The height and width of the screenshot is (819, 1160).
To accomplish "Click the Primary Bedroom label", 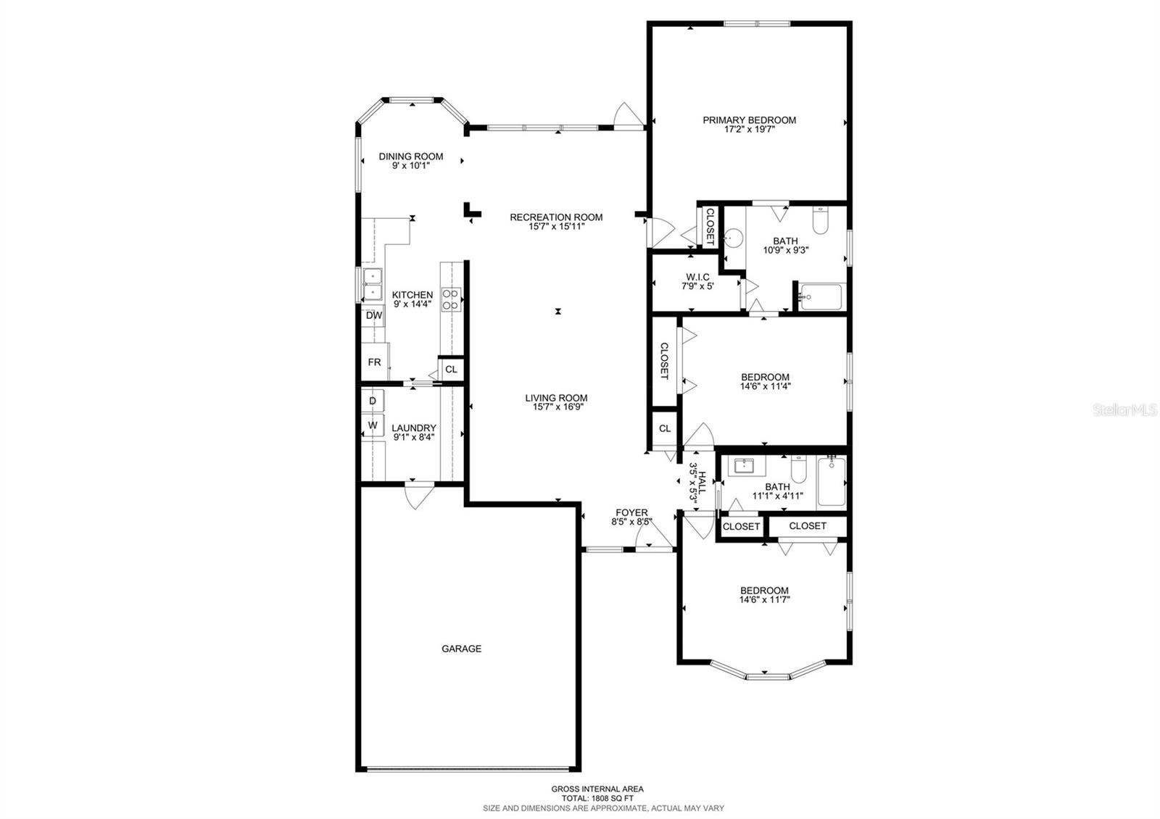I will pos(749,120).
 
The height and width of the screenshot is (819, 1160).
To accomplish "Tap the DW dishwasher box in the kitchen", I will pos(373,315).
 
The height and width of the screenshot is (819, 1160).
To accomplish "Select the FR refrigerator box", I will pos(374,362).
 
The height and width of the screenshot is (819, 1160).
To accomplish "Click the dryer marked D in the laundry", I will pos(373,401).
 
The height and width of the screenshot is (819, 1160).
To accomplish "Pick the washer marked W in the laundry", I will pos(373,425).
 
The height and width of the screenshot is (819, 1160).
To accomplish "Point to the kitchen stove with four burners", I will pos(451,299).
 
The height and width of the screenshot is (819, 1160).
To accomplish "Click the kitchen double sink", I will pos(373,284).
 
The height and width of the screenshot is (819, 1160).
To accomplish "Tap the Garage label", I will pos(461,649).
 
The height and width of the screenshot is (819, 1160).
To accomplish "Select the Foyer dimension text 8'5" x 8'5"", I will pos(632,522).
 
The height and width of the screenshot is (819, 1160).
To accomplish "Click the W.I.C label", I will pos(697,277).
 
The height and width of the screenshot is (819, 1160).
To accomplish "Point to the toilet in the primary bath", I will pos(820,221).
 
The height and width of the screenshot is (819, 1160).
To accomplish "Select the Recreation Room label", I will pos(556,217).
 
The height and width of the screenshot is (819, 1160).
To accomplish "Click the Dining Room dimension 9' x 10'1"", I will pos(411,166).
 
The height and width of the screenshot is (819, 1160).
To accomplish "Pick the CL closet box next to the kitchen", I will pos(451,369).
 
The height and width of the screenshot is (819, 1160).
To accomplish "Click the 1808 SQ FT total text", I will pos(597,798).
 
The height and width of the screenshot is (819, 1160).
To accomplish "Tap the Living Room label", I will pos(556,397).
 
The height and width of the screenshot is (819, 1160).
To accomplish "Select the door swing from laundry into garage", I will pos(419,497).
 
